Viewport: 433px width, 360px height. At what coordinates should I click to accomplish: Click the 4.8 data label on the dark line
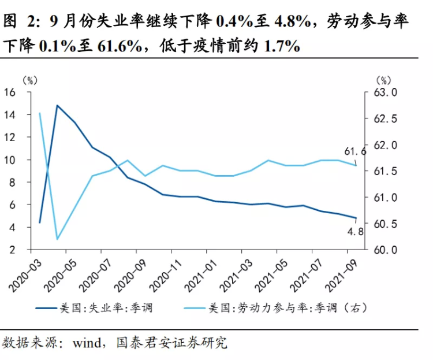pos(354,232)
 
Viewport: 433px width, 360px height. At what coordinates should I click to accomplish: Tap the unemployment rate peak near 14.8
pos(57,106)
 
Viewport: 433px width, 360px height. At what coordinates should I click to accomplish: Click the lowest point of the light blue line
pos(57,239)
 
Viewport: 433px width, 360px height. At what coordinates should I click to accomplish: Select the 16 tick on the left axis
pos(10,92)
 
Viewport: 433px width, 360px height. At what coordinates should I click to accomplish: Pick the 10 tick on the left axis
pos(10,160)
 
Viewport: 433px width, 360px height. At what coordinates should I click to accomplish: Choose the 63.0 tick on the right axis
pos(386,92)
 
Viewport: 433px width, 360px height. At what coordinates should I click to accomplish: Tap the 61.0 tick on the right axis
pos(386,198)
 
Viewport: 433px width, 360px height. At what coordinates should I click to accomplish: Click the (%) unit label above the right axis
pos(383,80)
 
